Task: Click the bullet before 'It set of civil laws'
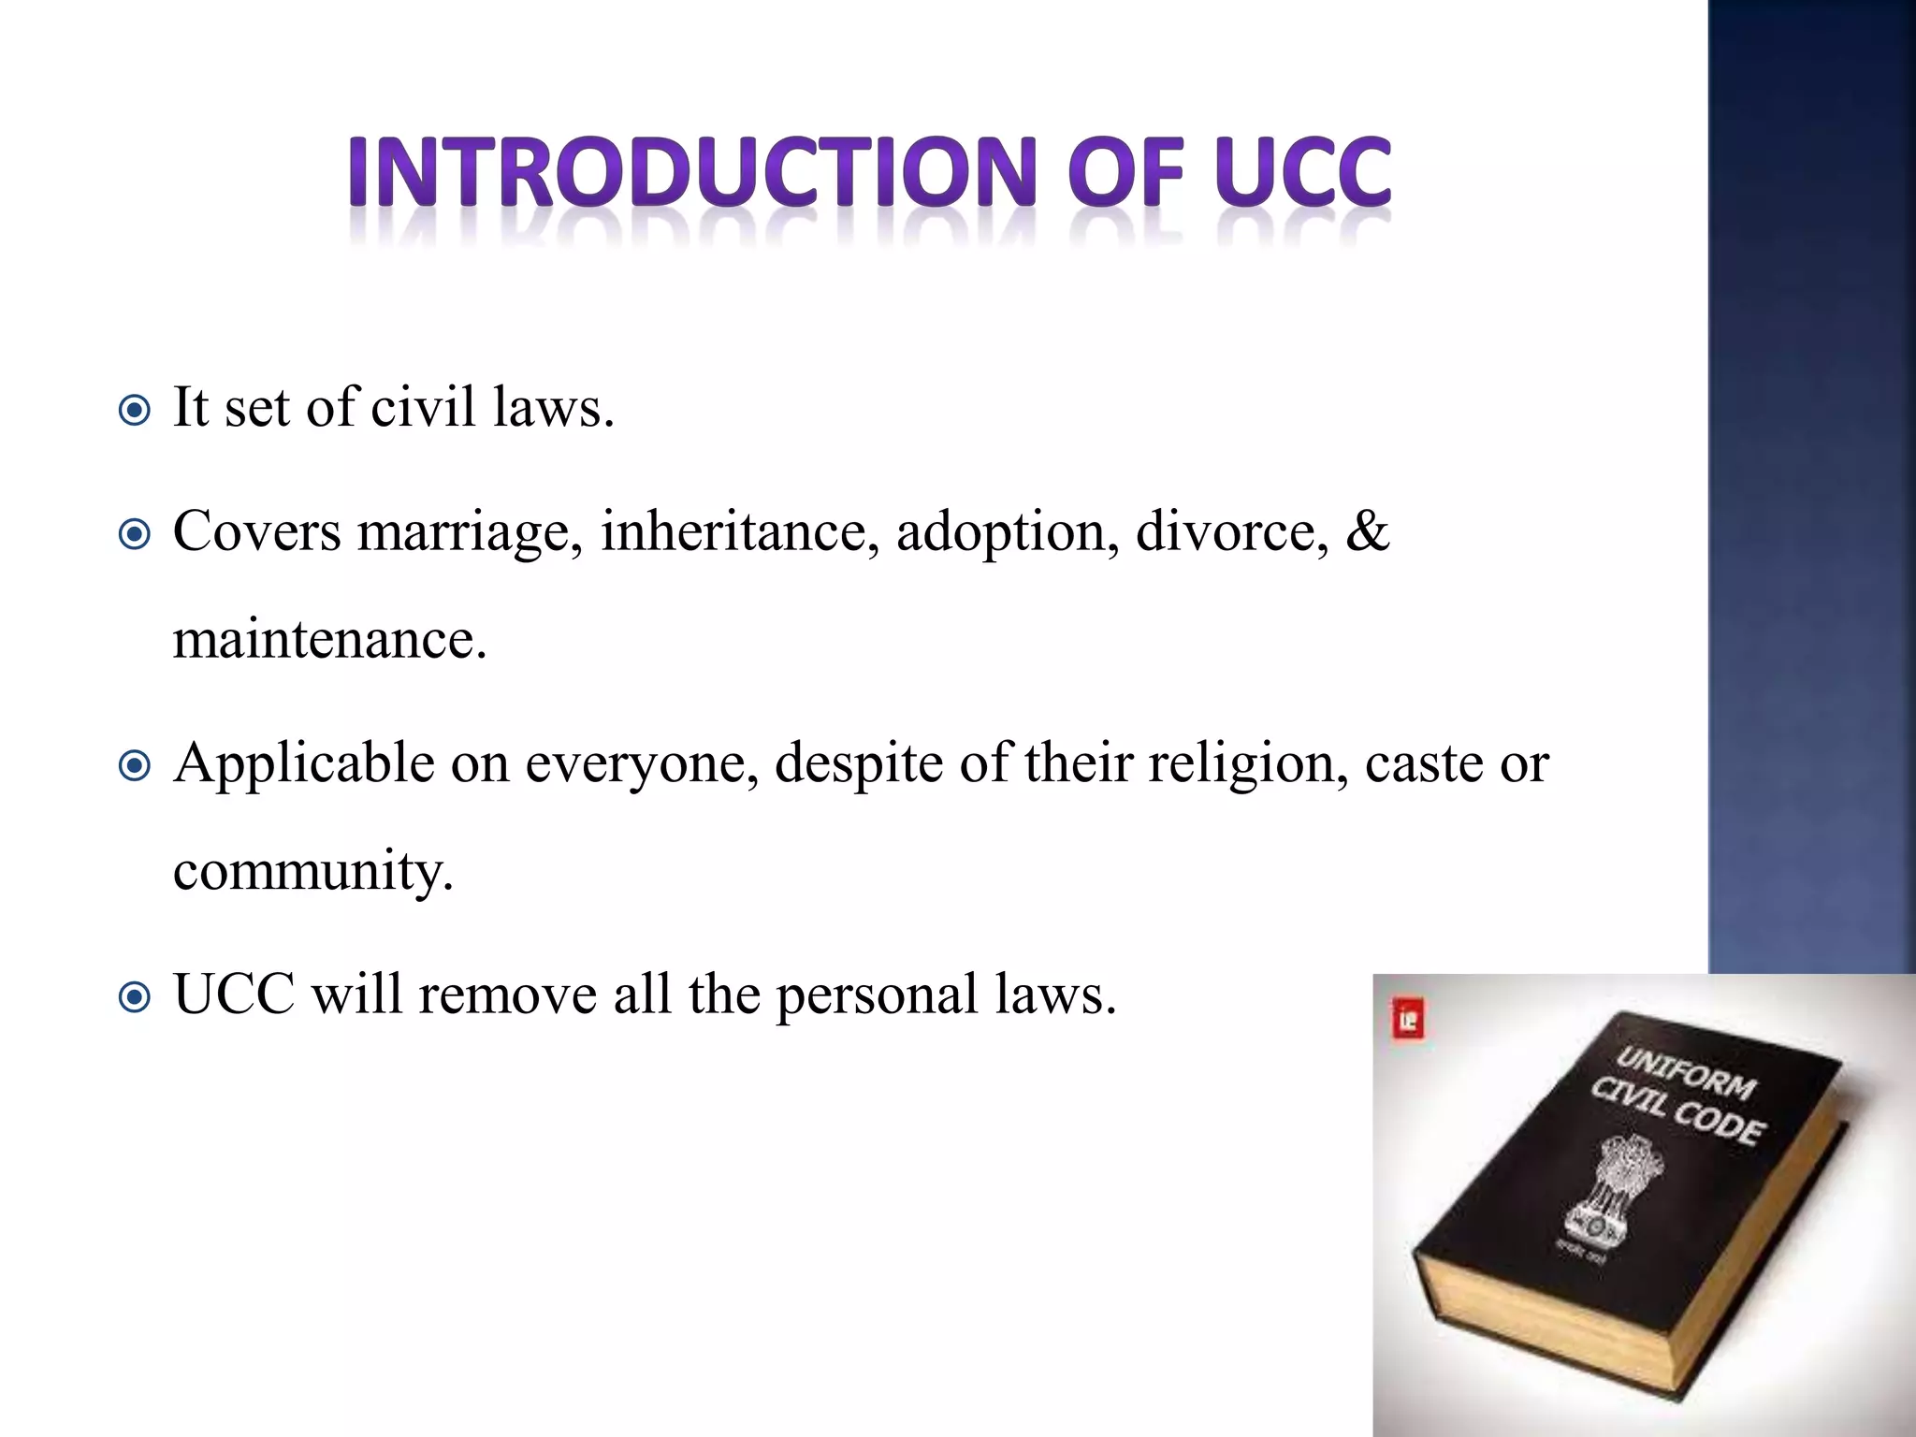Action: pos(136,411)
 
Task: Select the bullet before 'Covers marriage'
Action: pos(136,535)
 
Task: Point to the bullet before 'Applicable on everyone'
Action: pos(136,766)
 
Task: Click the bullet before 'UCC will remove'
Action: pos(136,997)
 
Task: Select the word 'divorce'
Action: pos(1231,531)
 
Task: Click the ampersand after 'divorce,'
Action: pos(1367,530)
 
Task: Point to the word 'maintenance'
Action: pos(329,641)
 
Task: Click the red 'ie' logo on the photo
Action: pos(1408,1019)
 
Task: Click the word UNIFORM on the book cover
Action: pos(1687,1072)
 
